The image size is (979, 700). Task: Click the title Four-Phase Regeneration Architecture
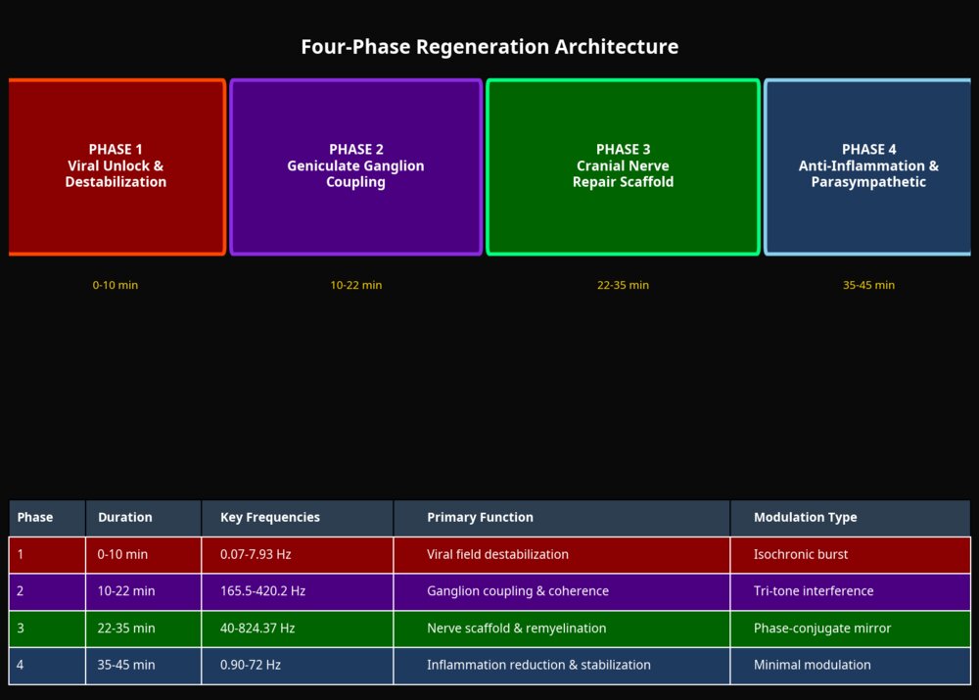489,47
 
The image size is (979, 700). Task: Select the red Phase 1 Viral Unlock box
117,166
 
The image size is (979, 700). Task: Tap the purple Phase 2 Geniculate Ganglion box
355,166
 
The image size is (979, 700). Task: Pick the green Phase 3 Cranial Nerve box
623,166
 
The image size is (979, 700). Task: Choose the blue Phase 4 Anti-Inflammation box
867,166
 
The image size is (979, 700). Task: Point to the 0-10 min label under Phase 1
116,285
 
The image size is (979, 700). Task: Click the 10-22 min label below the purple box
356,285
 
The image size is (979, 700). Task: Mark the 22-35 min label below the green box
623,285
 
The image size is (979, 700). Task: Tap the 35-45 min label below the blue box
868,285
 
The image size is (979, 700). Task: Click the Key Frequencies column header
270,517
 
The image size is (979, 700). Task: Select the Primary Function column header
480,517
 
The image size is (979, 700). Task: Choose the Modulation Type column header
805,517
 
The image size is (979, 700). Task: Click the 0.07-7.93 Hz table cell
256,554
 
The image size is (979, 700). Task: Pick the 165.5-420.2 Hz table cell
262,591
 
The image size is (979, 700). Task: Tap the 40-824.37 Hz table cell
257,628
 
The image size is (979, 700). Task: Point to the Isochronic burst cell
801,554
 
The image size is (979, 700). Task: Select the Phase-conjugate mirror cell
822,628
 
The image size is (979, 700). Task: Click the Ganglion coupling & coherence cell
518,591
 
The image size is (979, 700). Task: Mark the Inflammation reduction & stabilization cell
538,665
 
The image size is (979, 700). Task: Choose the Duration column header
125,517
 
